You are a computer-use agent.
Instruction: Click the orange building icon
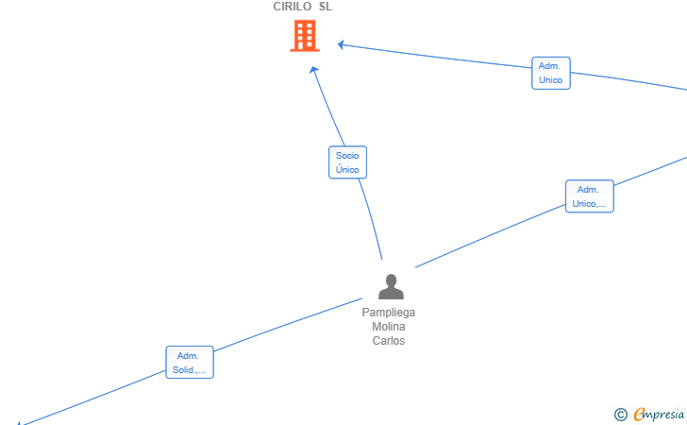(x=305, y=36)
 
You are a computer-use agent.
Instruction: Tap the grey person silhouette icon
(x=391, y=286)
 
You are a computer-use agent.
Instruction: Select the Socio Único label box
(x=347, y=162)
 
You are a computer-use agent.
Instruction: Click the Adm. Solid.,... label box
(x=190, y=363)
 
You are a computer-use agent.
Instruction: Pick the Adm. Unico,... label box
(x=589, y=196)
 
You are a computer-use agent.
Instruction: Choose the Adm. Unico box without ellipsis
(x=551, y=73)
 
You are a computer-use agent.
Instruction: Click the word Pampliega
(x=389, y=313)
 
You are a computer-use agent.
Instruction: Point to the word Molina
(x=389, y=327)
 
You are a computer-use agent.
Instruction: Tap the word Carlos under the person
(x=389, y=341)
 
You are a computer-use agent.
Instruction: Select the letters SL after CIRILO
(x=326, y=7)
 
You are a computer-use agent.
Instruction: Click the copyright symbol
(x=621, y=415)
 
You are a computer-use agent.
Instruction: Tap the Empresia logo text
(x=659, y=415)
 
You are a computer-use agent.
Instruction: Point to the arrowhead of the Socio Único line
(x=313, y=69)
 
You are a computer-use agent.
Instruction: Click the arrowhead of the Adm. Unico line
(x=341, y=44)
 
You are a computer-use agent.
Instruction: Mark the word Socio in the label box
(x=347, y=155)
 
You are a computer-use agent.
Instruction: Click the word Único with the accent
(x=347, y=169)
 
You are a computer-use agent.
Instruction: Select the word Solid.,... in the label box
(x=190, y=369)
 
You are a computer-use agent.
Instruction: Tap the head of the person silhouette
(x=391, y=280)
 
